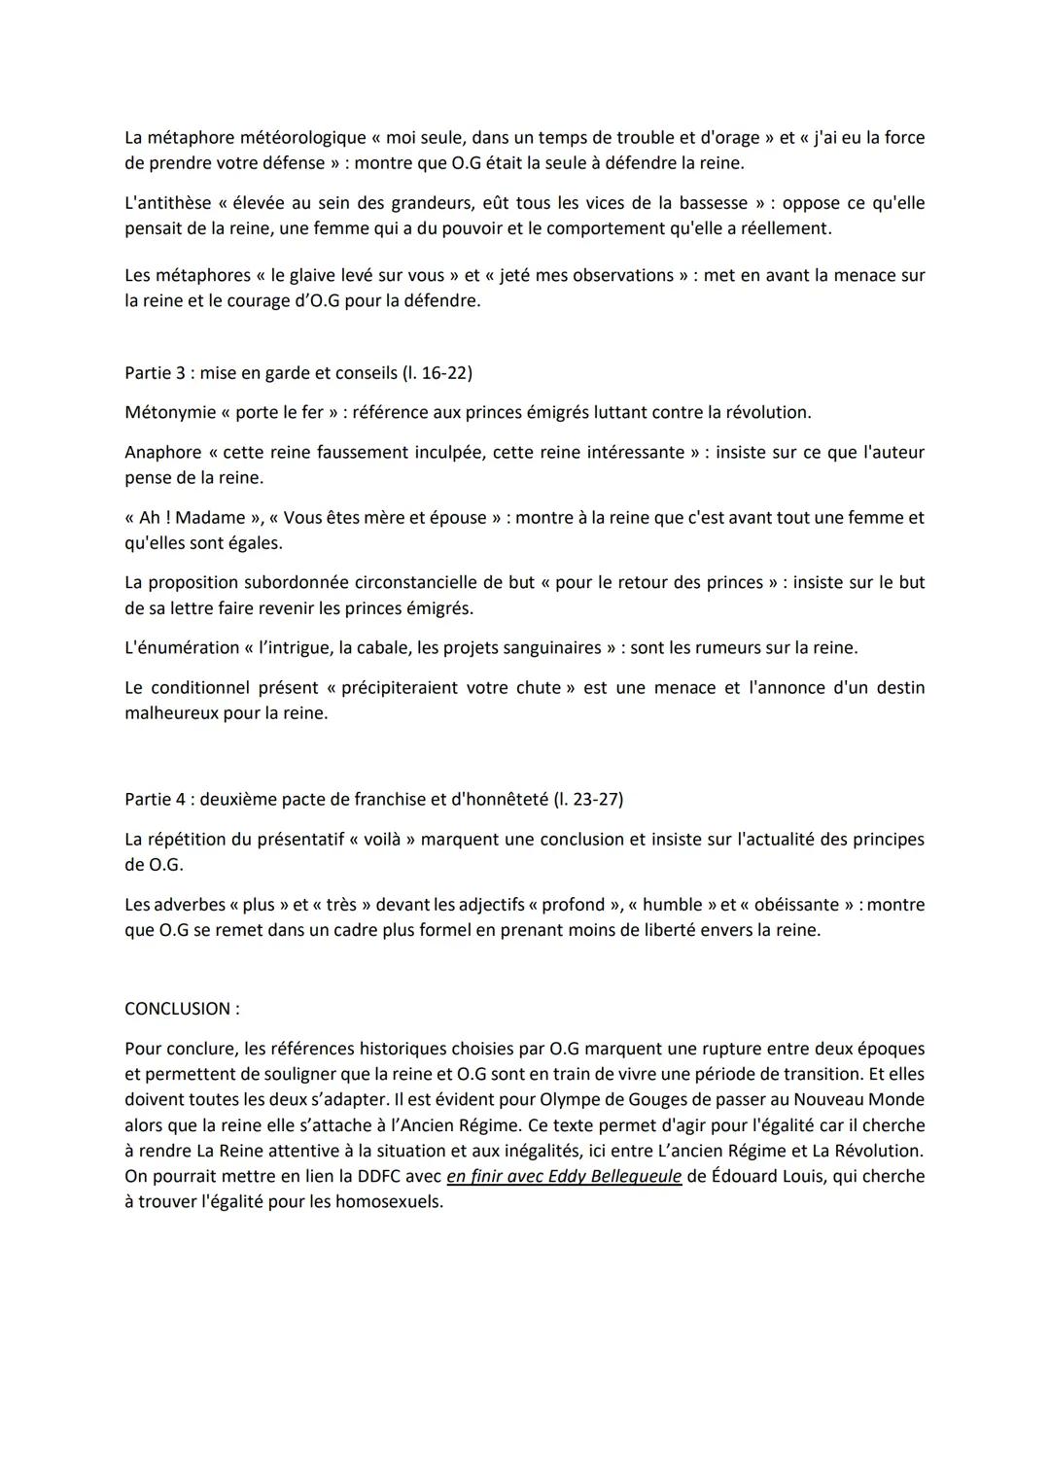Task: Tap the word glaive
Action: tap(321, 275)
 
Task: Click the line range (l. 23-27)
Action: tap(588, 799)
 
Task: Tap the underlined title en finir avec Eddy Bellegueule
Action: tap(564, 1176)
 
